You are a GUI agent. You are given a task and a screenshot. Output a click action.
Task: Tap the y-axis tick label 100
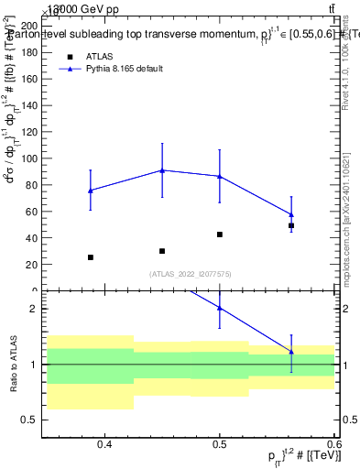[x=30, y=158]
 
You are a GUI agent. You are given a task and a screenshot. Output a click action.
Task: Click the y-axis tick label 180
[x=30, y=52]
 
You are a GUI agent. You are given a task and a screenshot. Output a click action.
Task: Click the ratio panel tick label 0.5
[x=33, y=420]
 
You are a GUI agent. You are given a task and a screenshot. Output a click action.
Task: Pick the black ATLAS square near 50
[x=291, y=225]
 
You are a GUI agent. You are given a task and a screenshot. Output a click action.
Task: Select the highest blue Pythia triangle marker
[x=162, y=170]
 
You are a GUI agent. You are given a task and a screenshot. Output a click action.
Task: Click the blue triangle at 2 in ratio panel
[x=220, y=308]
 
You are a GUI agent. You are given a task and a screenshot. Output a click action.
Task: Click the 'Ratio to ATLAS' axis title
[x=13, y=365]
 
